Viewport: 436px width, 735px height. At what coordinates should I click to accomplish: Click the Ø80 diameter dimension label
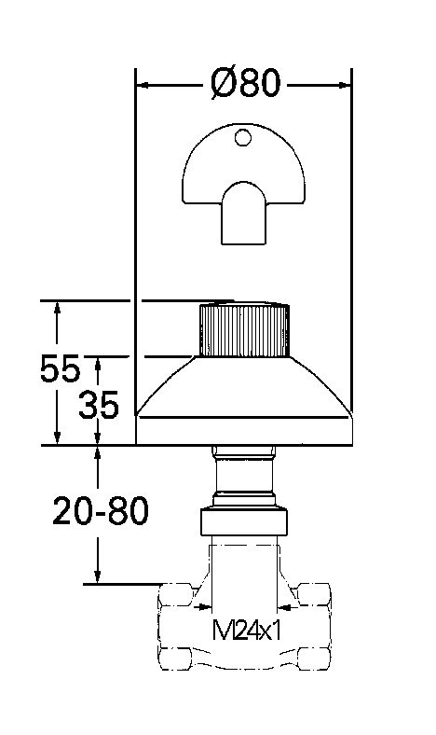pyautogui.click(x=245, y=84)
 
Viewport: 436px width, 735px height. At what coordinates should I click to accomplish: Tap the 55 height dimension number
pyautogui.click(x=60, y=370)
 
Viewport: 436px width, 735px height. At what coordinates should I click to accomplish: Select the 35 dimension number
pyautogui.click(x=98, y=405)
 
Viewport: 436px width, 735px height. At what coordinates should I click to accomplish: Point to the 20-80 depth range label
pyautogui.click(x=100, y=511)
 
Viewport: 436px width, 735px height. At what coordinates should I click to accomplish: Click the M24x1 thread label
pyautogui.click(x=247, y=630)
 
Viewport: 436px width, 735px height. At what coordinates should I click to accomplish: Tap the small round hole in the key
pyautogui.click(x=243, y=139)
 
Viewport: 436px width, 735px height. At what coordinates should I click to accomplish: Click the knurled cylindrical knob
pyautogui.click(x=243, y=331)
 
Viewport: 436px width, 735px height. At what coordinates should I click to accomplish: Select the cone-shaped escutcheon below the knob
pyautogui.click(x=243, y=392)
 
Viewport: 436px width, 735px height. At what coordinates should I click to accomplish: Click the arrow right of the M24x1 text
pyautogui.click(x=286, y=607)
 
